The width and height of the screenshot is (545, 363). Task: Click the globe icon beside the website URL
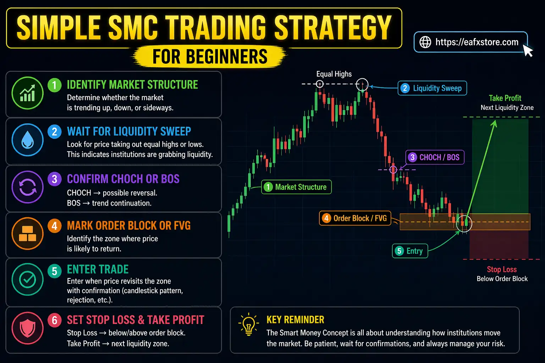425,42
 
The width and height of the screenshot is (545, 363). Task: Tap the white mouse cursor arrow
528,50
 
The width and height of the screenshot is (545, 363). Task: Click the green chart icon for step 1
28,93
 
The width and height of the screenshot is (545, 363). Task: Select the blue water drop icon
28,140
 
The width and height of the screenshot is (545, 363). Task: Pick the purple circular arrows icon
28,187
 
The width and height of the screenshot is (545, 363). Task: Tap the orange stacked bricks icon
28,234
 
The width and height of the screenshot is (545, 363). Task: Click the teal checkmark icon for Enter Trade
28,280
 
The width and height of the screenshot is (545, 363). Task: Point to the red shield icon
28,328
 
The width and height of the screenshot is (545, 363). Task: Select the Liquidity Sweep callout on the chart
432,88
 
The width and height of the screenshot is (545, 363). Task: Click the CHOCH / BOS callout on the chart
435,157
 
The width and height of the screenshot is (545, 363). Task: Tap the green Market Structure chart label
296,187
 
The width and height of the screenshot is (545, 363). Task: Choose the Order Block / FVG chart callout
355,218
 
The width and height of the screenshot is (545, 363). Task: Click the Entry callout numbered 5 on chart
410,251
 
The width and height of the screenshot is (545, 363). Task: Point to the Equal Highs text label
334,74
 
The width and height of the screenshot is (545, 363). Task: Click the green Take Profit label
505,98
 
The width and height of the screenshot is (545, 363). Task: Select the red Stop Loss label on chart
502,269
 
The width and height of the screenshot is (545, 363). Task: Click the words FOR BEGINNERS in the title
210,57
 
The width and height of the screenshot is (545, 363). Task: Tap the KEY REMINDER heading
295,320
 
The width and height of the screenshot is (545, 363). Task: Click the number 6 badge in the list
55,320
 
